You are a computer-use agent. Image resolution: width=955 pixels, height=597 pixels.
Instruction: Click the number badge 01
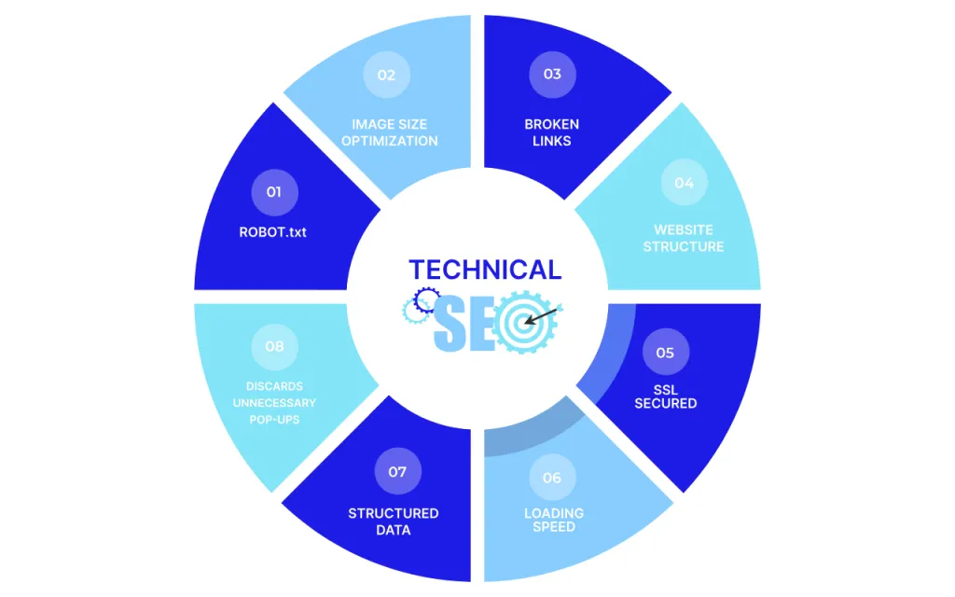click(x=273, y=191)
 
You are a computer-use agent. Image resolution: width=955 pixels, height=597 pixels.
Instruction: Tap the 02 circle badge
click(x=386, y=75)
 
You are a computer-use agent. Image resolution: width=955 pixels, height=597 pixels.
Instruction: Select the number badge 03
click(x=552, y=74)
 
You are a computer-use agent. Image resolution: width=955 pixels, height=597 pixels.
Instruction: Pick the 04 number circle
click(x=684, y=183)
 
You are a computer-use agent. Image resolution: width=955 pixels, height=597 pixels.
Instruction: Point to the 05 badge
click(x=665, y=353)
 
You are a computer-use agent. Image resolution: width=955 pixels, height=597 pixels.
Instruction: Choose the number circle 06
click(x=552, y=478)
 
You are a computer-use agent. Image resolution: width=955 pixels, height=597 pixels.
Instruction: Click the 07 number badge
click(x=397, y=471)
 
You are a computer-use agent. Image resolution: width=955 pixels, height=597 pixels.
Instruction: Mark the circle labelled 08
click(x=274, y=346)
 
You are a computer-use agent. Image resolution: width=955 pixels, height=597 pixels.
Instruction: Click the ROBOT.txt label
click(x=272, y=231)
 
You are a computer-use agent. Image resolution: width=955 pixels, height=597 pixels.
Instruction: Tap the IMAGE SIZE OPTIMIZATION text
click(x=389, y=132)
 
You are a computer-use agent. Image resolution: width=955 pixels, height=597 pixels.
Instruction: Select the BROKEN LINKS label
click(x=551, y=132)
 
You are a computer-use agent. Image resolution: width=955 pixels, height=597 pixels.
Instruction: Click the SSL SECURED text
click(x=666, y=396)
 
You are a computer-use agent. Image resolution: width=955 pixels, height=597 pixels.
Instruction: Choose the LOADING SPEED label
click(x=554, y=520)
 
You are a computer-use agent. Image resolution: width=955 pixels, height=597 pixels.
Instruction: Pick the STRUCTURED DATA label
click(x=394, y=521)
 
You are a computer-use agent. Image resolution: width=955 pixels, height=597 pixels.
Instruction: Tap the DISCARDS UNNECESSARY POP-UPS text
click(x=274, y=403)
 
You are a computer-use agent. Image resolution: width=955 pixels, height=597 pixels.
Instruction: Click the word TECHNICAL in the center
click(x=485, y=270)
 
